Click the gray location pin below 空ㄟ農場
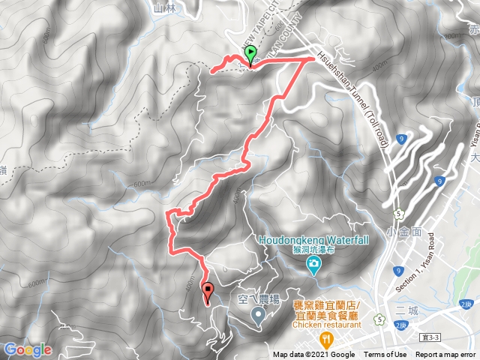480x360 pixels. tap(259, 316)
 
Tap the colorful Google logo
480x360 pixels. tap(27, 350)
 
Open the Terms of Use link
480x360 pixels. tap(385, 355)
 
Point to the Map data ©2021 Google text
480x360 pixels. tap(313, 355)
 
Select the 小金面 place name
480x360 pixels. tap(405, 231)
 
